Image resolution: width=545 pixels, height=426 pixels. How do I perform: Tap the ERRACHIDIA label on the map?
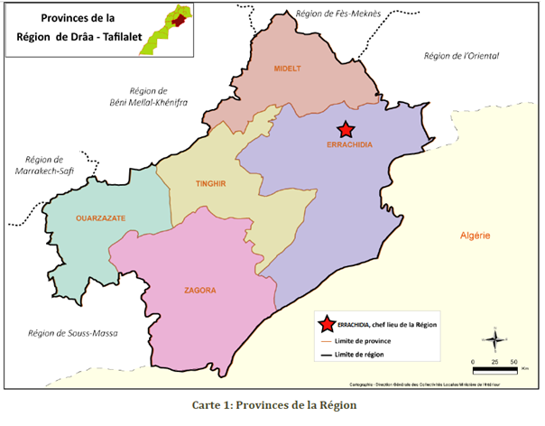pos(350,144)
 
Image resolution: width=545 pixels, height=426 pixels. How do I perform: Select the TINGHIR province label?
pos(209,183)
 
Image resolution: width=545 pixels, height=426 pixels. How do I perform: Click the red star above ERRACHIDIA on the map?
pos(343,130)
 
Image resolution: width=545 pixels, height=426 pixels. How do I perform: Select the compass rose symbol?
pos(494,340)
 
